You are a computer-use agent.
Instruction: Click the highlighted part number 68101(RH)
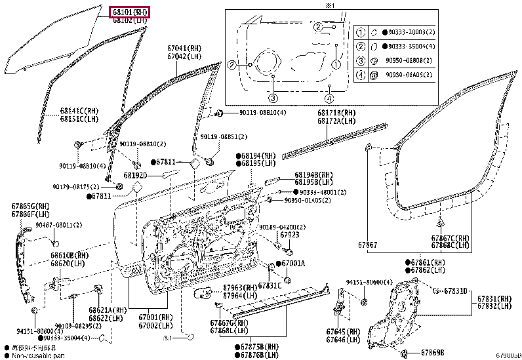[129, 11]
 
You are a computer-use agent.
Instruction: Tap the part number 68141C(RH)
[79, 111]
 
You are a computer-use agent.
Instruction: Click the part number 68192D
[134, 176]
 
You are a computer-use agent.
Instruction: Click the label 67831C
[270, 285]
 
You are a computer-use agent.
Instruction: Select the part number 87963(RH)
[239, 287]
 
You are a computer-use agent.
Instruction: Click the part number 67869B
[433, 353]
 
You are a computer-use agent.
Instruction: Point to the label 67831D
[455, 290]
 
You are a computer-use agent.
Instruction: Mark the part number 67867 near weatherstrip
[368, 245]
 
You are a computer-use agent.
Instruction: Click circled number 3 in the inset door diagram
[273, 97]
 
